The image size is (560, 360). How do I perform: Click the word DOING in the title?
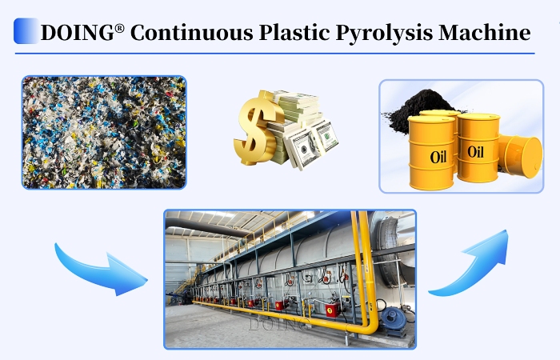(x=76, y=33)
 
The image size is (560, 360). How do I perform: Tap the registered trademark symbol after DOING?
(x=119, y=26)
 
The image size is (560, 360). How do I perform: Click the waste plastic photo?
(x=104, y=132)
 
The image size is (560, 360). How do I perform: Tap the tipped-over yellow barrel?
(x=519, y=155)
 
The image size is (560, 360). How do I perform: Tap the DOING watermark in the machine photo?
(x=276, y=325)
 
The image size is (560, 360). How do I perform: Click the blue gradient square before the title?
(x=26, y=31)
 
